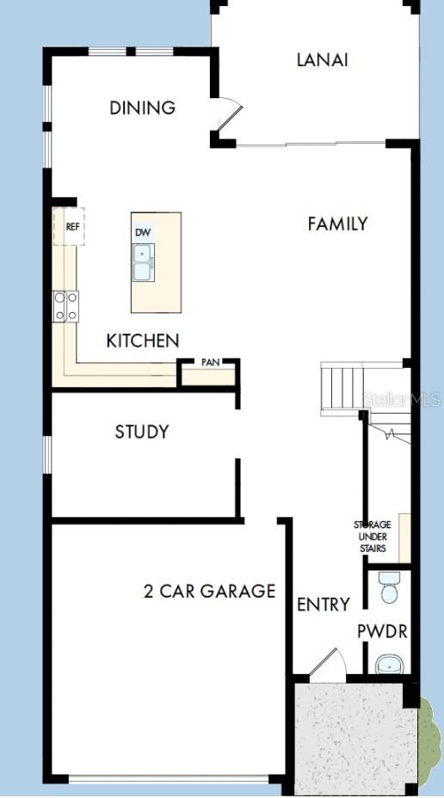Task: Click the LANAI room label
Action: click(322, 60)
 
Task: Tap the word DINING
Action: click(143, 108)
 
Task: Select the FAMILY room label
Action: click(337, 224)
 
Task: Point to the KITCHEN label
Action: click(143, 341)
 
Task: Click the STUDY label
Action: click(142, 432)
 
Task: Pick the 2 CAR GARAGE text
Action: click(209, 592)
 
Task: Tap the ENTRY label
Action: click(323, 605)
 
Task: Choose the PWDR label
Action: click(382, 632)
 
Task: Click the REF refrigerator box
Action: click(72, 228)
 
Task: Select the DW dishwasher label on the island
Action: click(143, 233)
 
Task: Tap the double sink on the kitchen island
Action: click(143, 262)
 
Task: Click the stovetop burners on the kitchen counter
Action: click(66, 306)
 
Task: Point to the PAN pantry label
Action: click(210, 363)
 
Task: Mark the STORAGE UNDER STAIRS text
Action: click(372, 537)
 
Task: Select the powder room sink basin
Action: click(390, 664)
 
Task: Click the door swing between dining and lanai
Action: click(229, 119)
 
